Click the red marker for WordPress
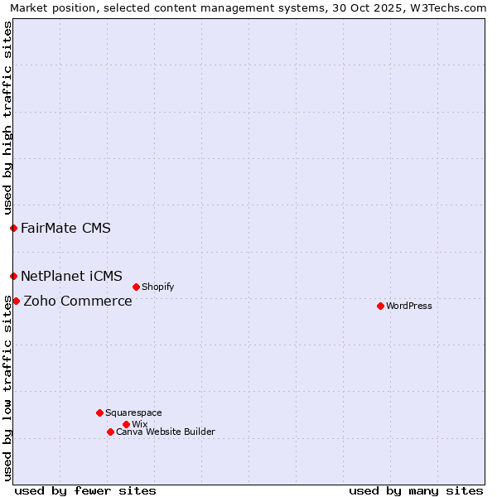[380, 306]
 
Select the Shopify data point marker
[136, 287]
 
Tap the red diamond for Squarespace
[99, 413]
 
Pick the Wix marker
[126, 424]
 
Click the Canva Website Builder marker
[110, 432]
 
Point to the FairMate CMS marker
[13, 228]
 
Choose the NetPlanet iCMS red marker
[13, 276]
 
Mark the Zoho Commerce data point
[16, 301]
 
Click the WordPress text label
[409, 306]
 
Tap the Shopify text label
[157, 287]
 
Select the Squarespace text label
[133, 413]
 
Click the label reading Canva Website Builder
[166, 432]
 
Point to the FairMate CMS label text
[65, 228]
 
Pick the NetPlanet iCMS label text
[71, 276]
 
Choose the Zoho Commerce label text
[78, 301]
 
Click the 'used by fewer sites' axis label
[85, 490]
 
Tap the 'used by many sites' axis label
[416, 490]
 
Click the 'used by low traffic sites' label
[7, 389]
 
